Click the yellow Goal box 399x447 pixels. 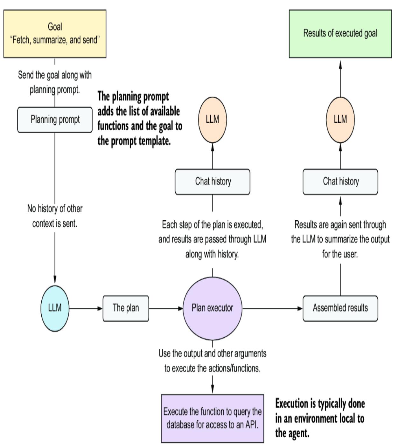pyautogui.click(x=55, y=34)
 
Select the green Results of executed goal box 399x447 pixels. pyautogui.click(x=340, y=34)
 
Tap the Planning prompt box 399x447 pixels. pyautogui.click(x=55, y=120)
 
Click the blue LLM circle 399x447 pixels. pyautogui.click(x=55, y=308)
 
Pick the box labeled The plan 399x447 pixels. pyautogui.click(x=126, y=308)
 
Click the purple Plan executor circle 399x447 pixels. pyautogui.click(x=212, y=308)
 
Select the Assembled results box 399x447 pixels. pyautogui.click(x=340, y=308)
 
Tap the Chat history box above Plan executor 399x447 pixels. pyautogui.click(x=213, y=182)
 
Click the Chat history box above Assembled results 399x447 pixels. pyautogui.click(x=340, y=182)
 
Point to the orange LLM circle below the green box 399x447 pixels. pyautogui.click(x=340, y=120)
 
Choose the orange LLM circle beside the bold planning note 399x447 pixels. pyautogui.click(x=212, y=120)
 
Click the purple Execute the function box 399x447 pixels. pyautogui.click(x=212, y=418)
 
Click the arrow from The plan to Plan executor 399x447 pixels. pyautogui.click(x=166, y=308)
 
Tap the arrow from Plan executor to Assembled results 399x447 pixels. pyautogui.click(x=272, y=308)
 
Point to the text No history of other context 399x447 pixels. pyautogui.click(x=55, y=216)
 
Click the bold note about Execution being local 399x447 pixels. pyautogui.click(x=320, y=418)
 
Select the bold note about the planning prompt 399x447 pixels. pyautogui.click(x=139, y=119)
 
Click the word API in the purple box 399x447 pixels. pyautogui.click(x=251, y=425)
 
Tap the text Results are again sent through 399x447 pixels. pyautogui.click(x=340, y=225)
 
